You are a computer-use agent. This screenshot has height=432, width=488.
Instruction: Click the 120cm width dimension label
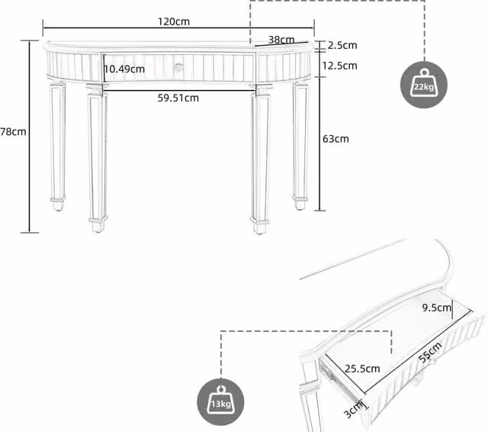(x=174, y=22)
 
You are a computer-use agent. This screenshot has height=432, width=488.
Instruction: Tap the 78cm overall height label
(x=13, y=132)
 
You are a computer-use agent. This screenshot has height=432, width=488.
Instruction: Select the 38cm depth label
(x=281, y=40)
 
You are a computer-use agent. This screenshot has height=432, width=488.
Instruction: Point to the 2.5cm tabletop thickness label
(x=342, y=45)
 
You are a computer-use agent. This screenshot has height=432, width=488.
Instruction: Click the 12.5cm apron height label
(x=339, y=66)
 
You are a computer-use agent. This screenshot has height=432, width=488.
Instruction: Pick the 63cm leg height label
(x=335, y=139)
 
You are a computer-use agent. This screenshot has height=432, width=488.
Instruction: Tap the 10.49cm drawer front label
(x=124, y=69)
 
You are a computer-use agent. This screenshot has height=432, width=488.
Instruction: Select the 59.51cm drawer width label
(x=178, y=98)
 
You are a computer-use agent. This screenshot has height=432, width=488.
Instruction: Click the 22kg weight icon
(x=424, y=85)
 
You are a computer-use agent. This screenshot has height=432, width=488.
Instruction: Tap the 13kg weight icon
(x=220, y=402)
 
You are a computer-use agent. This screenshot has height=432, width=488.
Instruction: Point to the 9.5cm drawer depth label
(x=436, y=308)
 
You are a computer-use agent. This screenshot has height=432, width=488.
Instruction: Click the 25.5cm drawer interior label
(x=362, y=369)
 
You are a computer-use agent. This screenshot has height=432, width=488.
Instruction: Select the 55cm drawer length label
(x=430, y=353)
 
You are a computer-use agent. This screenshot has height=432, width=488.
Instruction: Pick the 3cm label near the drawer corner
(x=353, y=410)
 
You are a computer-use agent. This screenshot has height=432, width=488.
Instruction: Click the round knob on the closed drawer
(x=178, y=66)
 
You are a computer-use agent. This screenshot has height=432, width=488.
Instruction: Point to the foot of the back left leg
(x=58, y=203)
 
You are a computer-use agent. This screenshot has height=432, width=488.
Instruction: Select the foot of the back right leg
(x=300, y=202)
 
